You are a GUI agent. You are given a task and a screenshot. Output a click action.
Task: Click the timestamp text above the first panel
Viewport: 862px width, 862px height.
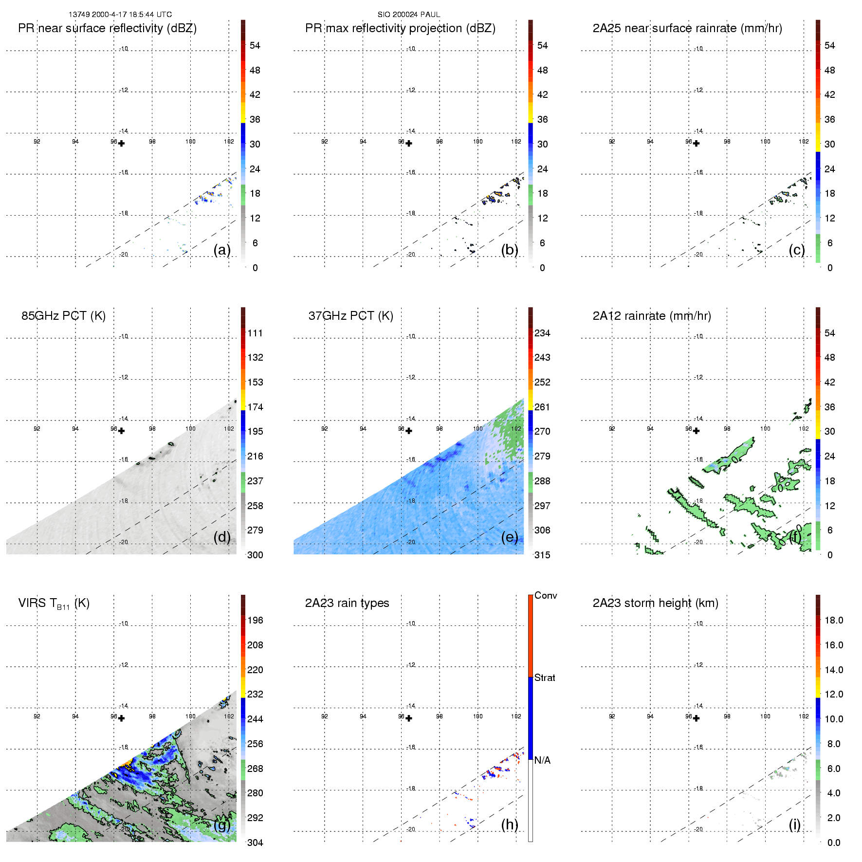120,15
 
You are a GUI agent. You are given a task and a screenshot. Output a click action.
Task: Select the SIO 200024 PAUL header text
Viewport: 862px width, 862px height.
409,15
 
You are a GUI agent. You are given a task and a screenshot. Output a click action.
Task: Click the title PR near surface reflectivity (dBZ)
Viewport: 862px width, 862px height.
107,28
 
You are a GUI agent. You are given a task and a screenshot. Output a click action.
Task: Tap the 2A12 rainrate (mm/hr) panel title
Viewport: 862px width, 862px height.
652,316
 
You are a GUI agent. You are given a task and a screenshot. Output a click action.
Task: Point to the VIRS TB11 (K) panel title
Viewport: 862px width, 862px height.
54,604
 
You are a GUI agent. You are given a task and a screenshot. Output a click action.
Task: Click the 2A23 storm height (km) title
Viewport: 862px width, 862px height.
655,603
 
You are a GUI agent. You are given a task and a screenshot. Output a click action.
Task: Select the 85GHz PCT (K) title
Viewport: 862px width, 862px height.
63,316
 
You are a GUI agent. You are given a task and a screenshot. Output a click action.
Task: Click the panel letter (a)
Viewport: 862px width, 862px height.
222,250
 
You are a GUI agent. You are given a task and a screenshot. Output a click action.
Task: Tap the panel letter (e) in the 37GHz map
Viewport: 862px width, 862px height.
510,537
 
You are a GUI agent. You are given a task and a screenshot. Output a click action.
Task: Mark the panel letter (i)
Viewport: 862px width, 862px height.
794,825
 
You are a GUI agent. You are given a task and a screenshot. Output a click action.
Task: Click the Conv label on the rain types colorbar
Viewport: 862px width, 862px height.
546,595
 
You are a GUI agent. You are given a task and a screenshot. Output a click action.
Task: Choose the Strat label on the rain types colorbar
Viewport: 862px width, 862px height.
545,678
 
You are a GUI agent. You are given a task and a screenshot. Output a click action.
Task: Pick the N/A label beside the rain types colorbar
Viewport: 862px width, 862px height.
542,760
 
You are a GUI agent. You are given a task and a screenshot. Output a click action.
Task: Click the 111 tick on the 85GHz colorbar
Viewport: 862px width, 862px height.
255,333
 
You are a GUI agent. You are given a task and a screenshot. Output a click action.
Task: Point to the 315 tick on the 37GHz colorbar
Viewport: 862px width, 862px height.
542,555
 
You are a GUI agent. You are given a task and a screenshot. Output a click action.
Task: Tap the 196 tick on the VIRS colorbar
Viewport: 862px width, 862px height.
255,620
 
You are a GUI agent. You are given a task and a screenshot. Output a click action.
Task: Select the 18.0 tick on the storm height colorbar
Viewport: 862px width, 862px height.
833,620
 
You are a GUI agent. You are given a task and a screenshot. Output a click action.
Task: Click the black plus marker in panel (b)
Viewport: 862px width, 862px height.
409,144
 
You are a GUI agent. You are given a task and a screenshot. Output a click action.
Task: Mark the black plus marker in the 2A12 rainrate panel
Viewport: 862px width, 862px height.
697,431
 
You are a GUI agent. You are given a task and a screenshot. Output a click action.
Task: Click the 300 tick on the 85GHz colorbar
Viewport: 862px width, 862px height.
255,555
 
